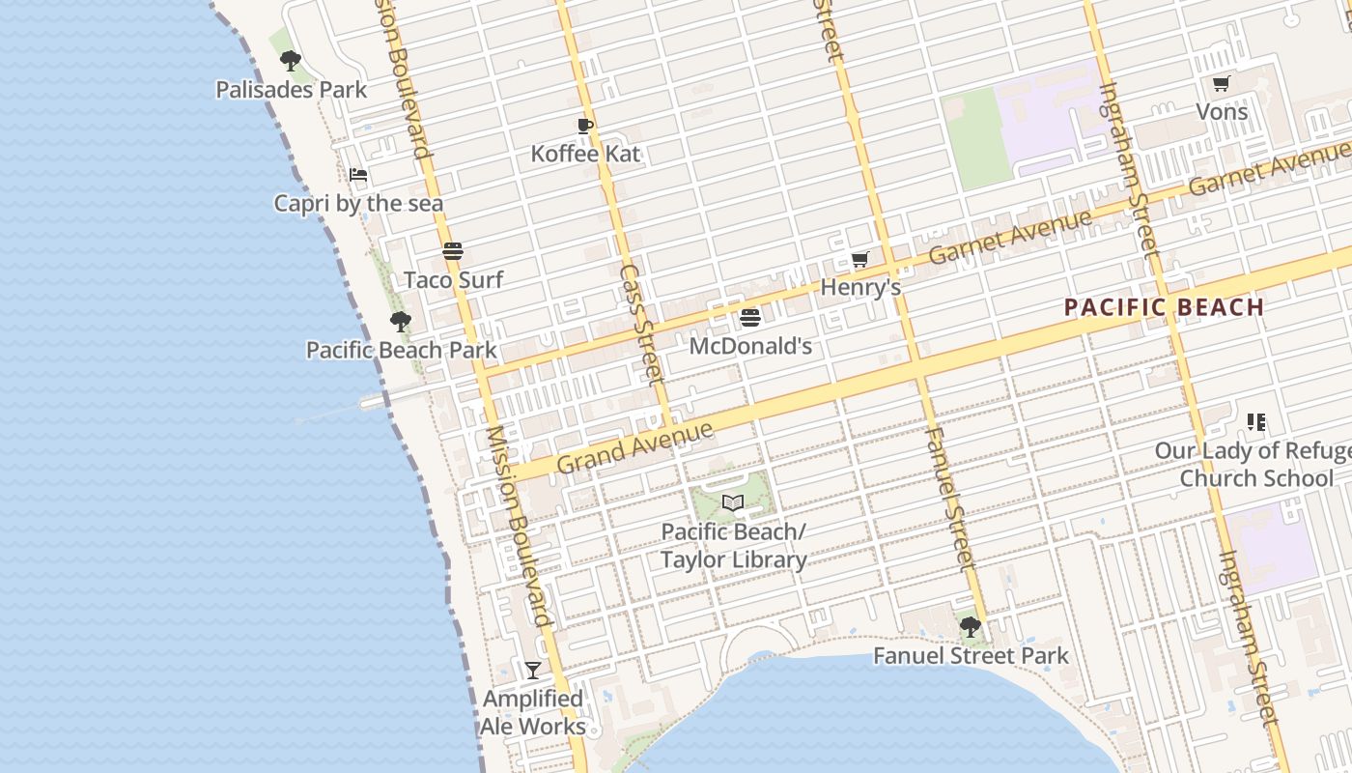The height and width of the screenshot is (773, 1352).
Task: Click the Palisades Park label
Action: [291, 90]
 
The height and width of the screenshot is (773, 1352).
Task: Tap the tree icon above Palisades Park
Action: [290, 62]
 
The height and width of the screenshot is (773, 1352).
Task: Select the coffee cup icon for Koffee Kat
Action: [584, 126]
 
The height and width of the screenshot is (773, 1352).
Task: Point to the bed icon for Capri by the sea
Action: [358, 176]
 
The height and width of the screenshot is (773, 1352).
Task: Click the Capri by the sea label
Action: [358, 203]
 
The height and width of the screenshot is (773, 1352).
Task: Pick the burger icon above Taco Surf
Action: [453, 252]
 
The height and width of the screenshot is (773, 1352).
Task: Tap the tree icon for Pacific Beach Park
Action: [400, 322]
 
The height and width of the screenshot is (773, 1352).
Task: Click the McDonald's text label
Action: [750, 345]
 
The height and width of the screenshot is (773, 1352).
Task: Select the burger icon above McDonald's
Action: [750, 318]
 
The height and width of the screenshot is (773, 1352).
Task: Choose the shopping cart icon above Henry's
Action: [859, 260]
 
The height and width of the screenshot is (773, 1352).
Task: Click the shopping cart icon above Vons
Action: [1221, 84]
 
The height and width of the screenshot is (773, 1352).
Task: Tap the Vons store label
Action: [1222, 112]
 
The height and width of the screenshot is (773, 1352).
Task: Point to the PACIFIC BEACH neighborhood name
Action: [1164, 308]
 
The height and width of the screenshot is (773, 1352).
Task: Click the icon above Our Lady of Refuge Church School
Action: [1255, 422]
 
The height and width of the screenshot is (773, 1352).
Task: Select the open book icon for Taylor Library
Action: [733, 503]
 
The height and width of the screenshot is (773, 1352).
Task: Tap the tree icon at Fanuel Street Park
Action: [971, 628]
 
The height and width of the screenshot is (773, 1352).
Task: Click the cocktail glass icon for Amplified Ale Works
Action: [532, 671]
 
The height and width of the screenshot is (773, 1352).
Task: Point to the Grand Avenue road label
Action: [634, 447]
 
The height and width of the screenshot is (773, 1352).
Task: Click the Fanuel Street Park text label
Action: [971, 656]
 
